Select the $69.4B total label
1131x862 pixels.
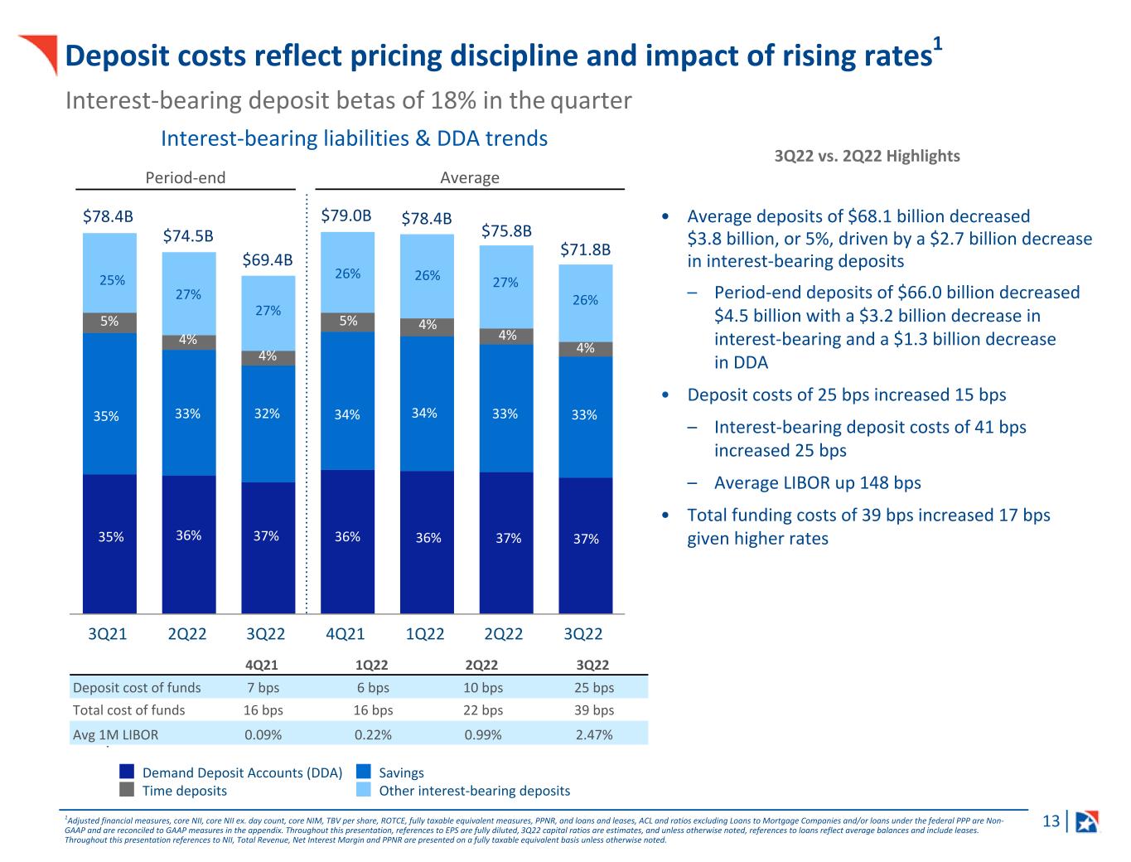[267, 259]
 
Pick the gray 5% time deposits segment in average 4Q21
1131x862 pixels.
[347, 322]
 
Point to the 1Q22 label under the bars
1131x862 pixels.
[425, 634]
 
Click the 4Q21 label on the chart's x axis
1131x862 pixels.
[346, 634]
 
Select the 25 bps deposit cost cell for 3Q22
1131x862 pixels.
[594, 687]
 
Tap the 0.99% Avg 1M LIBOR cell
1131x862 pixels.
[481, 734]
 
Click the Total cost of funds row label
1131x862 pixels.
[128, 710]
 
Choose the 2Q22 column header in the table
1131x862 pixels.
[481, 665]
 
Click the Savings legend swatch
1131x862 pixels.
[364, 772]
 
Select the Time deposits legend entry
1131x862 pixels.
[184, 791]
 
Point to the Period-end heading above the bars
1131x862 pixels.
[186, 177]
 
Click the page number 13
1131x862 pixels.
[1051, 821]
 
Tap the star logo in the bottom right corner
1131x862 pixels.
[1086, 821]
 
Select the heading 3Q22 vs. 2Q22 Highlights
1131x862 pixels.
[867, 156]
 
